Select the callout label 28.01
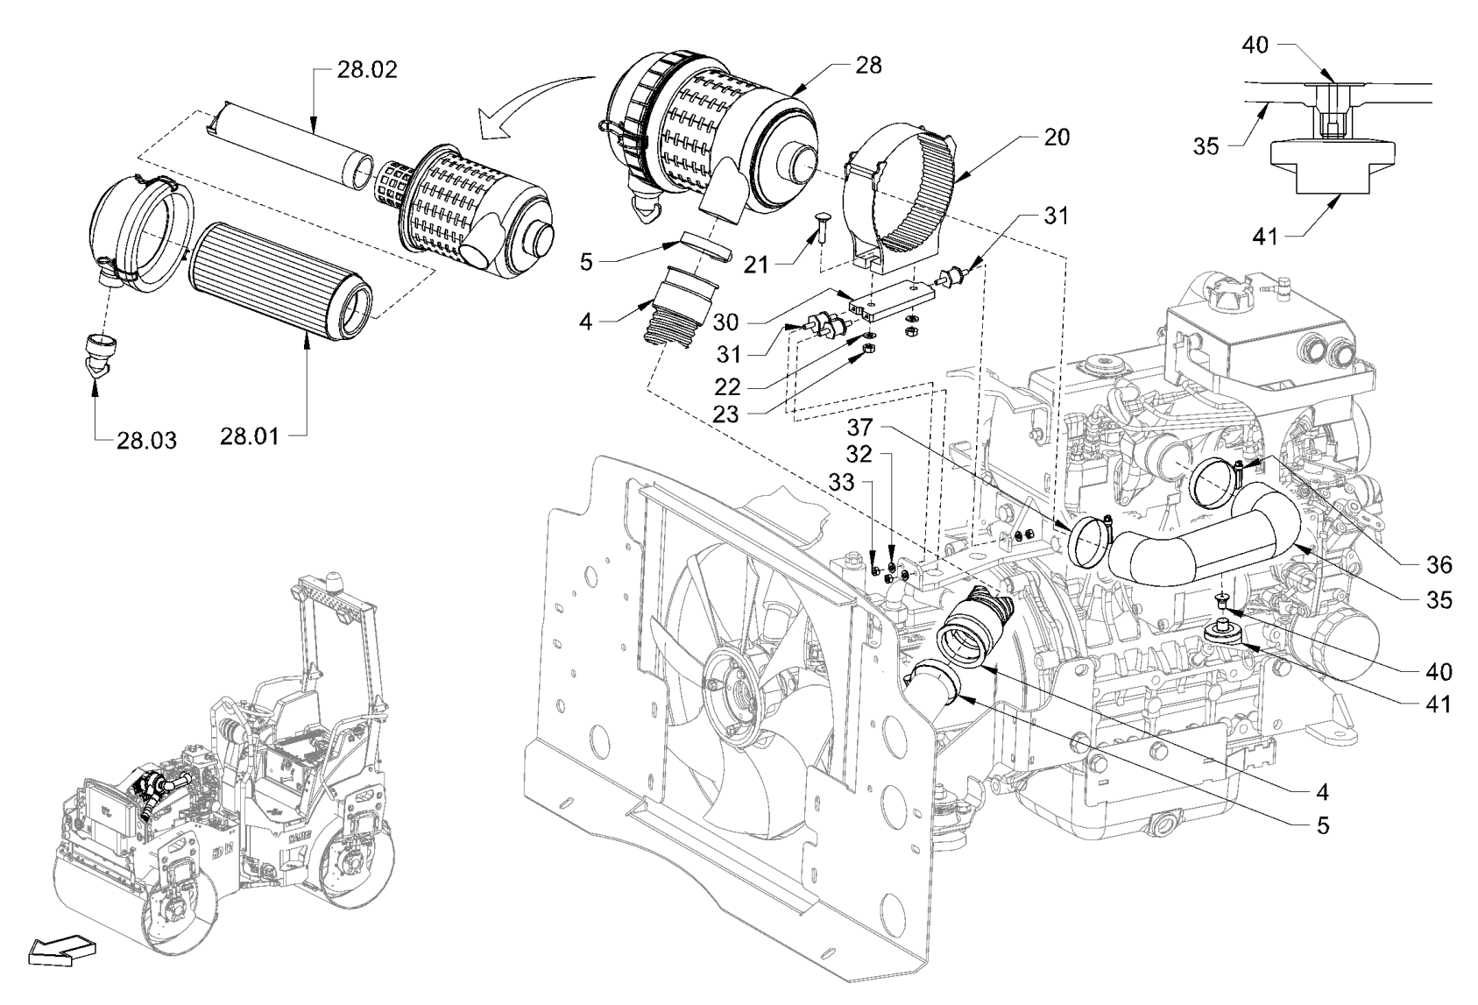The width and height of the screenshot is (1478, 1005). (x=250, y=435)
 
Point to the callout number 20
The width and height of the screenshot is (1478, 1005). (x=1057, y=138)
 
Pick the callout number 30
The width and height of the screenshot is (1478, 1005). (x=725, y=322)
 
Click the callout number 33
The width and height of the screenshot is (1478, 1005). (x=841, y=482)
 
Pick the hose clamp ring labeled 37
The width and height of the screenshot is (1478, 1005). (x=1090, y=541)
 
